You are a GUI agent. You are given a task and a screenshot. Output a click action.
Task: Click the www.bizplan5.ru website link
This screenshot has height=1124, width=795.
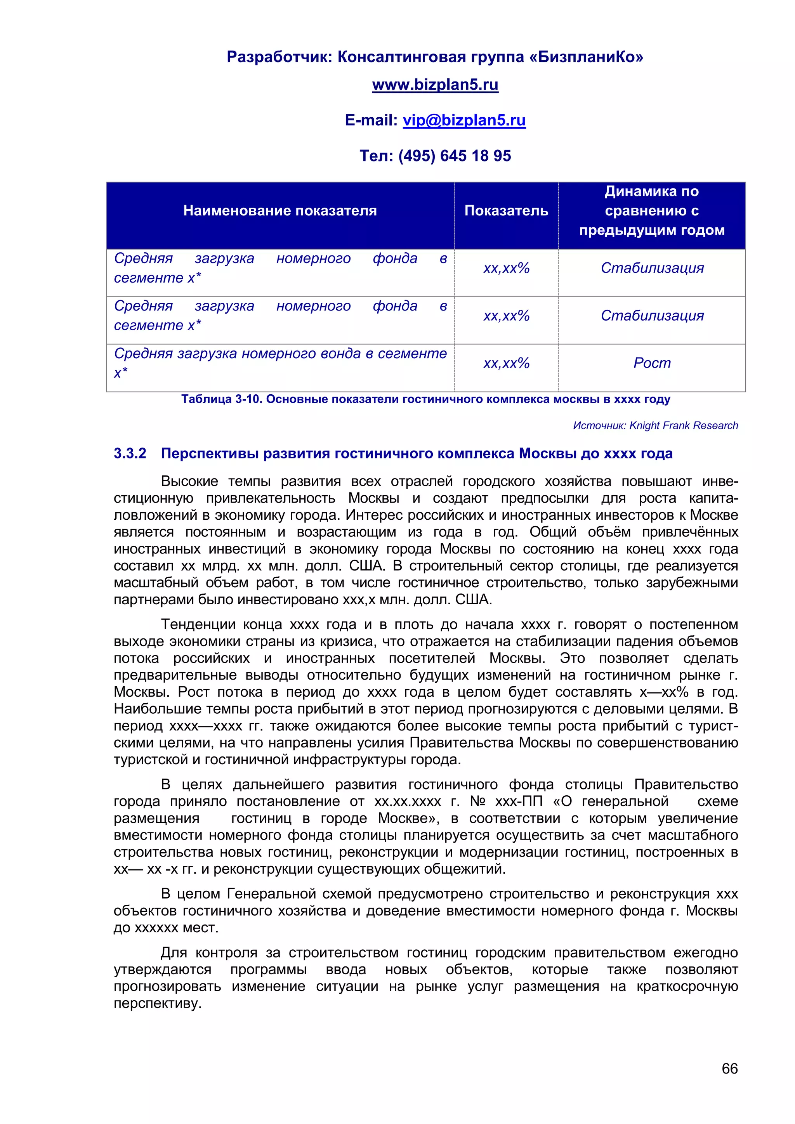[435, 85]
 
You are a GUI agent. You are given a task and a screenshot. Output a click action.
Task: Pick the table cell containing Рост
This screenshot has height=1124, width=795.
[652, 363]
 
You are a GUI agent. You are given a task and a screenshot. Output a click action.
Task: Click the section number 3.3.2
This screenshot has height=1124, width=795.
[130, 453]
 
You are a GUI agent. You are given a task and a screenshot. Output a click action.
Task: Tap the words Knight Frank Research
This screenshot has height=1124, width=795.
[683, 425]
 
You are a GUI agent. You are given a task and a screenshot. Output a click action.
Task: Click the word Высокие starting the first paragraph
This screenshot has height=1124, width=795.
[189, 481]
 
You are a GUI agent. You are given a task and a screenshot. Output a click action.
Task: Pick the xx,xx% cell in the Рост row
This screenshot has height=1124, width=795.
[506, 363]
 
